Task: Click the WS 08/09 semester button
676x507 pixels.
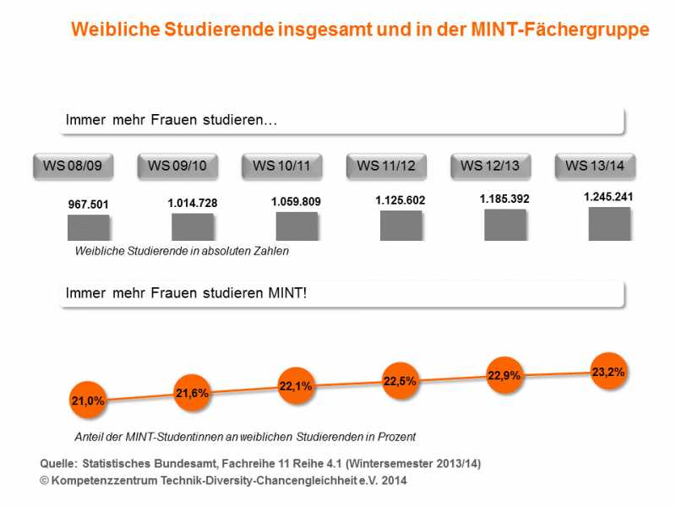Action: point(73,166)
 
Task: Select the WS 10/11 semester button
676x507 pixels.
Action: point(281,166)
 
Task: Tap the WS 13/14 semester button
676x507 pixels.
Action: point(595,166)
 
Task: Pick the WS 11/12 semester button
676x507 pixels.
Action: point(386,166)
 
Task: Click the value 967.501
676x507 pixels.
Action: point(89,204)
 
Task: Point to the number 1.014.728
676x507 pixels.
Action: point(193,203)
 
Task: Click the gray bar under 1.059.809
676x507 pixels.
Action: point(297,226)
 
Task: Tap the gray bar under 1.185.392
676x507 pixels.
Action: point(505,225)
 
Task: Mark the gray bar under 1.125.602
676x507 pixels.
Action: point(401,226)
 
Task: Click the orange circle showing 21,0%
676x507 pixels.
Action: point(88,401)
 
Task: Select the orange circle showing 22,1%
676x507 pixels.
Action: point(296,386)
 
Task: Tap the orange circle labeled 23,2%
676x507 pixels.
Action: point(608,371)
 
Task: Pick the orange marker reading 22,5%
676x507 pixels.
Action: point(401,381)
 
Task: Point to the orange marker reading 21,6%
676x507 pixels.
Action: point(192,393)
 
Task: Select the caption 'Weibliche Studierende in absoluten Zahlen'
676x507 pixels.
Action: point(182,251)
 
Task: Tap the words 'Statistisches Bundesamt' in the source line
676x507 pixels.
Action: point(150,464)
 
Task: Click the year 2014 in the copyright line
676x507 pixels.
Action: point(394,480)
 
